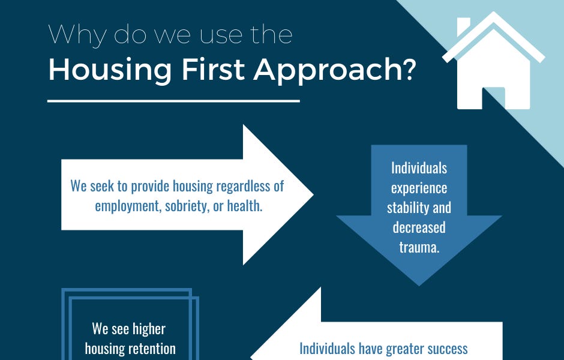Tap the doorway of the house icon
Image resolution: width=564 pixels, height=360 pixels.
click(493, 98)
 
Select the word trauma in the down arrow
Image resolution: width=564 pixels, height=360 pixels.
click(419, 247)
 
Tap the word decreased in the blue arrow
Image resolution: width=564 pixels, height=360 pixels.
click(419, 227)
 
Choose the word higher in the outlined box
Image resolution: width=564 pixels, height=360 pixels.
click(146, 329)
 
